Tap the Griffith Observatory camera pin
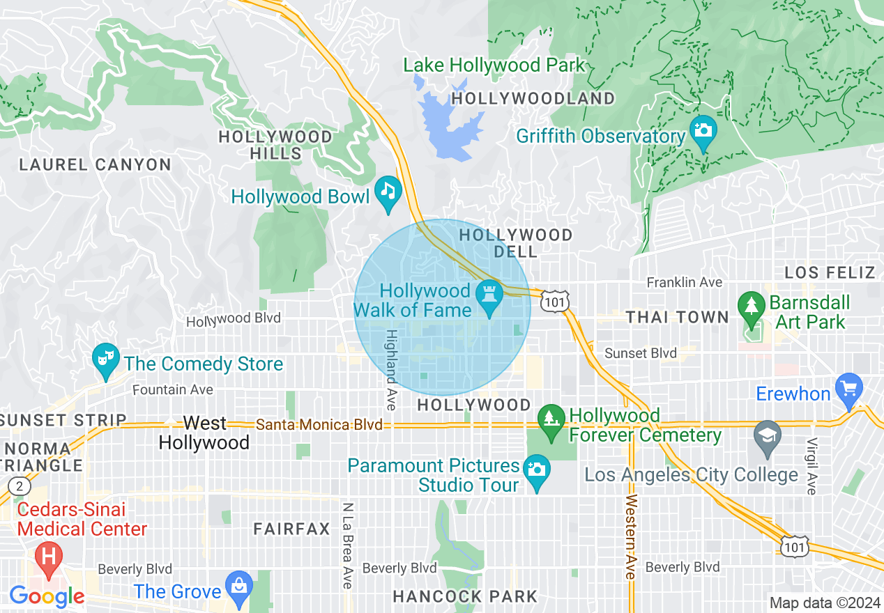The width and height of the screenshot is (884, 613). pos(703,130)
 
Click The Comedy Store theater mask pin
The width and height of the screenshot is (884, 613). pos(105,359)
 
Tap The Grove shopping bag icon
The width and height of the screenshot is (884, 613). pos(239,587)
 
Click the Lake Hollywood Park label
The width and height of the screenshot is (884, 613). pos(494,65)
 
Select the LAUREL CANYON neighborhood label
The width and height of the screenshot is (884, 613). pos(95,165)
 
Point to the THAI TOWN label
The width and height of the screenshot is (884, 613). pos(677,318)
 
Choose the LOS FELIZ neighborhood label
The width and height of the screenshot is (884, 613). pos(830,272)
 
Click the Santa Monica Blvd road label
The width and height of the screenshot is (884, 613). pos(319,424)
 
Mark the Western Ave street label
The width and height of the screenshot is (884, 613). pos(631,536)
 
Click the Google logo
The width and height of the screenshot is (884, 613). pos(47,596)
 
